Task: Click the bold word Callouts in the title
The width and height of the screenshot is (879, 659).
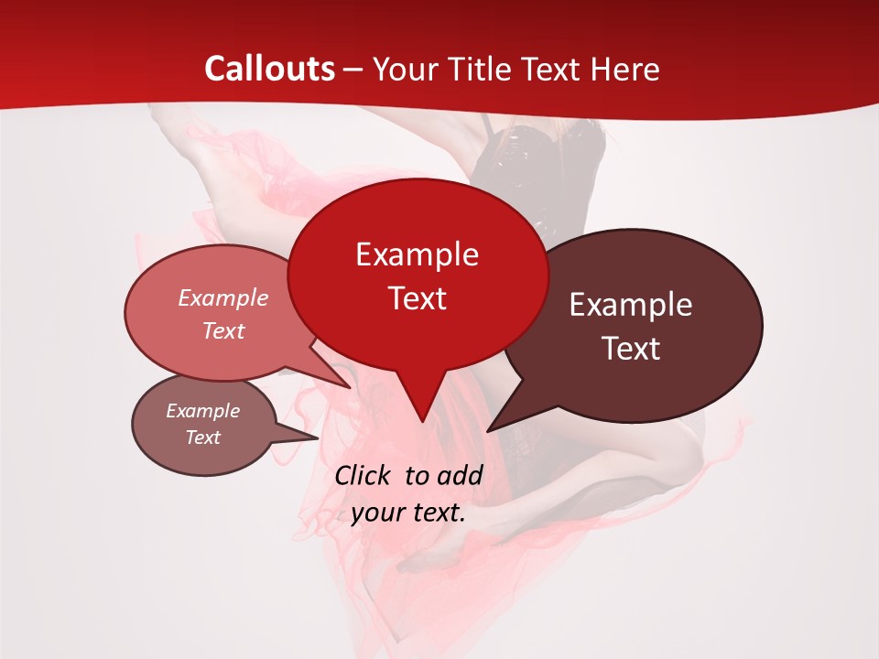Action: (x=270, y=69)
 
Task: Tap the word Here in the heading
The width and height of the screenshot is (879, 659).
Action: (x=625, y=69)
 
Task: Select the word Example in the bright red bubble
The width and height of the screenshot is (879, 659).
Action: (x=417, y=254)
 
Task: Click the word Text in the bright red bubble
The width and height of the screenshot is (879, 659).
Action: (x=417, y=298)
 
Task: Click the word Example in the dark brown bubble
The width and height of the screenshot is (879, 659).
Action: (x=631, y=305)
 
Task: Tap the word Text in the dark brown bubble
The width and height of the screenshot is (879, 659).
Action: (x=631, y=349)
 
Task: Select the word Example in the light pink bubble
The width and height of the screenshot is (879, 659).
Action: (x=222, y=297)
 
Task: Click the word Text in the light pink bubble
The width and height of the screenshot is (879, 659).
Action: (x=222, y=330)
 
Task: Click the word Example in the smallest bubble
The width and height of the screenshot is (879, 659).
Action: (x=202, y=411)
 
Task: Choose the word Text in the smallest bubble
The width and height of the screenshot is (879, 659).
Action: (x=202, y=438)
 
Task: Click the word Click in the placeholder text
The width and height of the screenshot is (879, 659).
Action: (x=364, y=475)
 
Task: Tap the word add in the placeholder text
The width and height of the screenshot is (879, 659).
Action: (x=460, y=475)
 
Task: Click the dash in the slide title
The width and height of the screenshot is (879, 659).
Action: (x=354, y=70)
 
